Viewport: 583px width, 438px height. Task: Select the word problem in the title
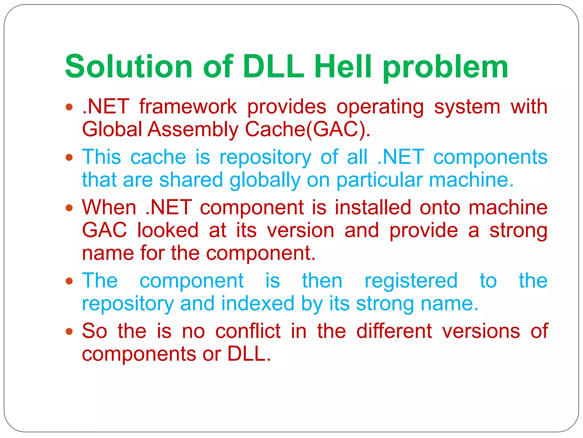[x=446, y=68]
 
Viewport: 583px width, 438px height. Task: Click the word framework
[x=188, y=107]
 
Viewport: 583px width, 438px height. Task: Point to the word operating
[x=380, y=108]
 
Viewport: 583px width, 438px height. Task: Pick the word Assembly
[x=193, y=130]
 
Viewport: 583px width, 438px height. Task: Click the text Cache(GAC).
[x=307, y=130]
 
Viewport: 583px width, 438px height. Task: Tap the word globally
[x=265, y=181]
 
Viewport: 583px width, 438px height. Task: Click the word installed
[x=373, y=208]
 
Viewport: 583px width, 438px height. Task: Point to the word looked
[x=168, y=230]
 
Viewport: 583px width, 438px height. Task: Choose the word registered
[x=411, y=281]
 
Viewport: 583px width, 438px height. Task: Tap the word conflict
[x=248, y=331]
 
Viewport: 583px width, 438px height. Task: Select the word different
[x=394, y=331]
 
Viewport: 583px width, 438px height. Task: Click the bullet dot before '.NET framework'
[x=69, y=107]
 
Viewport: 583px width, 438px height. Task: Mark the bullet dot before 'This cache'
[x=69, y=157]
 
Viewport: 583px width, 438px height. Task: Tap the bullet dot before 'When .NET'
[x=69, y=207]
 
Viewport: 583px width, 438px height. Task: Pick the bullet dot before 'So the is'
[x=69, y=331]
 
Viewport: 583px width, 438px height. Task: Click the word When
[x=109, y=208]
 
